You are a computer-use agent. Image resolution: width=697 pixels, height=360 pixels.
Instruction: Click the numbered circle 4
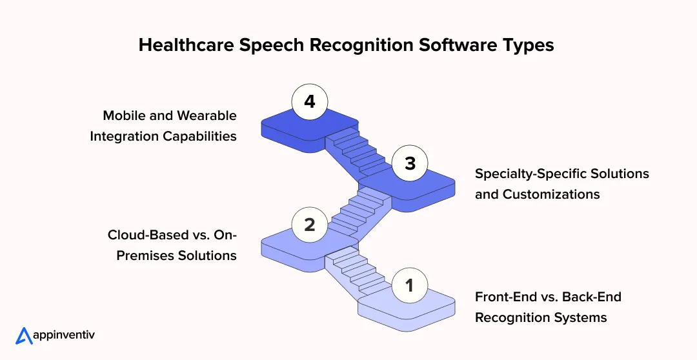coord(310,102)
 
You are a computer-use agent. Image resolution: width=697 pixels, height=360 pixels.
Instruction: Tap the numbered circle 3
coord(410,164)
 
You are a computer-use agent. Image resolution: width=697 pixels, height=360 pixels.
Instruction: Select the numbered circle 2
coord(310,225)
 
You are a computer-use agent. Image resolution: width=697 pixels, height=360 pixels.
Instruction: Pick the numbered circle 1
coord(409,285)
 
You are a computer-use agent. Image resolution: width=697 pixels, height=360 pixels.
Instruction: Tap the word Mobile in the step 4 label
coord(124,115)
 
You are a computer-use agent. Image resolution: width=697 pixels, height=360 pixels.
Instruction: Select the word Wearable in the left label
coord(207,115)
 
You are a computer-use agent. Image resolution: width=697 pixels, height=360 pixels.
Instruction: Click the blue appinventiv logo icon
coord(24,336)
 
